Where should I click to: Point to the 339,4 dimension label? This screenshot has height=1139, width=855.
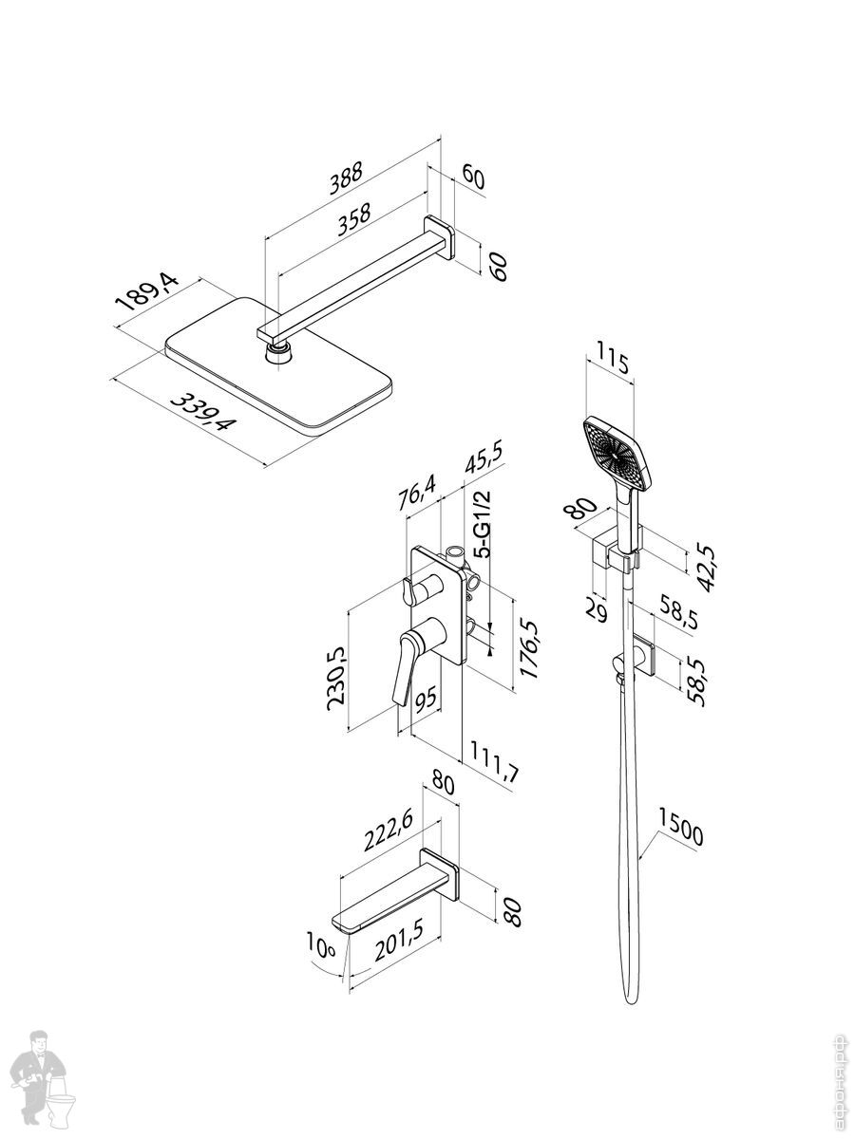pyautogui.click(x=200, y=413)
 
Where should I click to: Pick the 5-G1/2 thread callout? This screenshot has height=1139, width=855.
pyautogui.click(x=484, y=525)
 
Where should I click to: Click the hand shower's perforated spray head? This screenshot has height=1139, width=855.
pyautogui.click(x=618, y=453)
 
